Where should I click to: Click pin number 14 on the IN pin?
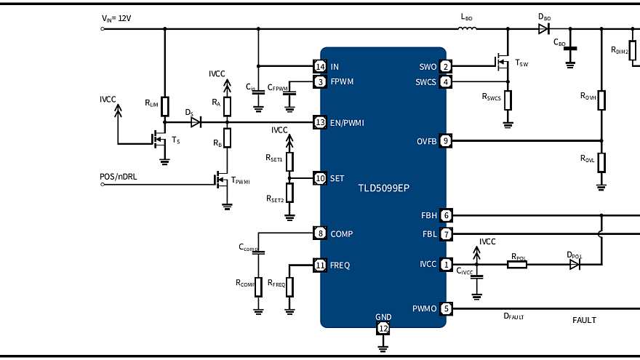coord(319,67)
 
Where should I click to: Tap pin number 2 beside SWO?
coord(446,67)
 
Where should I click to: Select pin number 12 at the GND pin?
coord(383,328)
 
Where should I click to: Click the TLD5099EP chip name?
coord(383,188)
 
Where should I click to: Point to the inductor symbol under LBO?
coord(468,30)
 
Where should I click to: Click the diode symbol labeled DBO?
coord(544,30)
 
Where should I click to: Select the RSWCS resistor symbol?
coord(508,99)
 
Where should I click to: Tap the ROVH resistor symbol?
coord(601,100)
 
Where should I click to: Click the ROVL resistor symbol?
coord(601,161)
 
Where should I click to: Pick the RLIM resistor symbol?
coord(165,106)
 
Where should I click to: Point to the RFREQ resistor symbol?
coord(290,287)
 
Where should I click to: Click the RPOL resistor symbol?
coord(517,265)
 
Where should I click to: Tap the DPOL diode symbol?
coord(575,265)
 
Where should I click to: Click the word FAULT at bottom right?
coord(584,320)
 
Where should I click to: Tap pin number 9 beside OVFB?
coord(446,140)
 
